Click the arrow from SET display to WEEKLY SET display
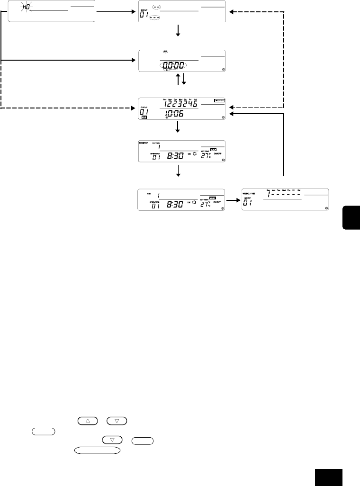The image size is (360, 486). click(232, 200)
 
